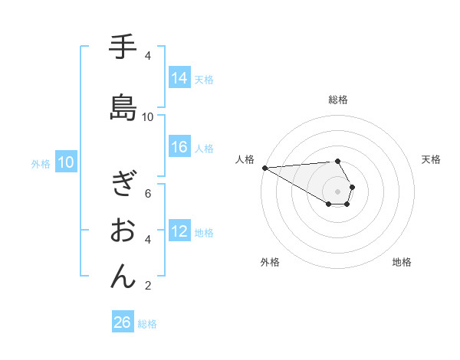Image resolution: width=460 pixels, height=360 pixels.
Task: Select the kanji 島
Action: click(x=123, y=108)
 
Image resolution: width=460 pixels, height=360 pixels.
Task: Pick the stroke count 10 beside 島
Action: click(x=148, y=117)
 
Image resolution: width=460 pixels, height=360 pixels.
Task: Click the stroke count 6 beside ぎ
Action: click(x=148, y=193)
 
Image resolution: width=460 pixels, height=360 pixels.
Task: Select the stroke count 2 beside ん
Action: click(x=148, y=286)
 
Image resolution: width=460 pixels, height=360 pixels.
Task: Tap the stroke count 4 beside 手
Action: click(x=148, y=56)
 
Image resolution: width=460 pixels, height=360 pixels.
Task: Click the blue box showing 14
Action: click(x=179, y=77)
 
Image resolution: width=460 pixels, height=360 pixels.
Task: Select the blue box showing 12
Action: click(x=179, y=231)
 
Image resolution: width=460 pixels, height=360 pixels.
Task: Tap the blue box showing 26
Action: click(x=123, y=322)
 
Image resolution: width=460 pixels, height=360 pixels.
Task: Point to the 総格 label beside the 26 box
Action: click(x=147, y=324)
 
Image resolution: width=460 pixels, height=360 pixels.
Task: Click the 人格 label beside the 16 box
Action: click(x=204, y=148)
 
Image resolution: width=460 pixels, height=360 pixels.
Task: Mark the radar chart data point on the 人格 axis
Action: click(x=264, y=168)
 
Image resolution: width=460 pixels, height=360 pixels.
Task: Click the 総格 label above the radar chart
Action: click(x=338, y=100)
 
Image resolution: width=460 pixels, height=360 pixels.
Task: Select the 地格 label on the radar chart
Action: click(x=402, y=262)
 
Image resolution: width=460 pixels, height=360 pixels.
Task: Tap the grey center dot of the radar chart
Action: click(x=338, y=191)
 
